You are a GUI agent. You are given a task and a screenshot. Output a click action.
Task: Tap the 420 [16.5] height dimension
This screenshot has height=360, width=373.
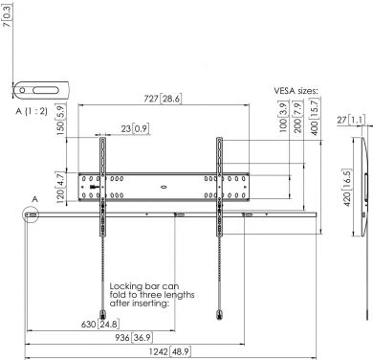[347, 181]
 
